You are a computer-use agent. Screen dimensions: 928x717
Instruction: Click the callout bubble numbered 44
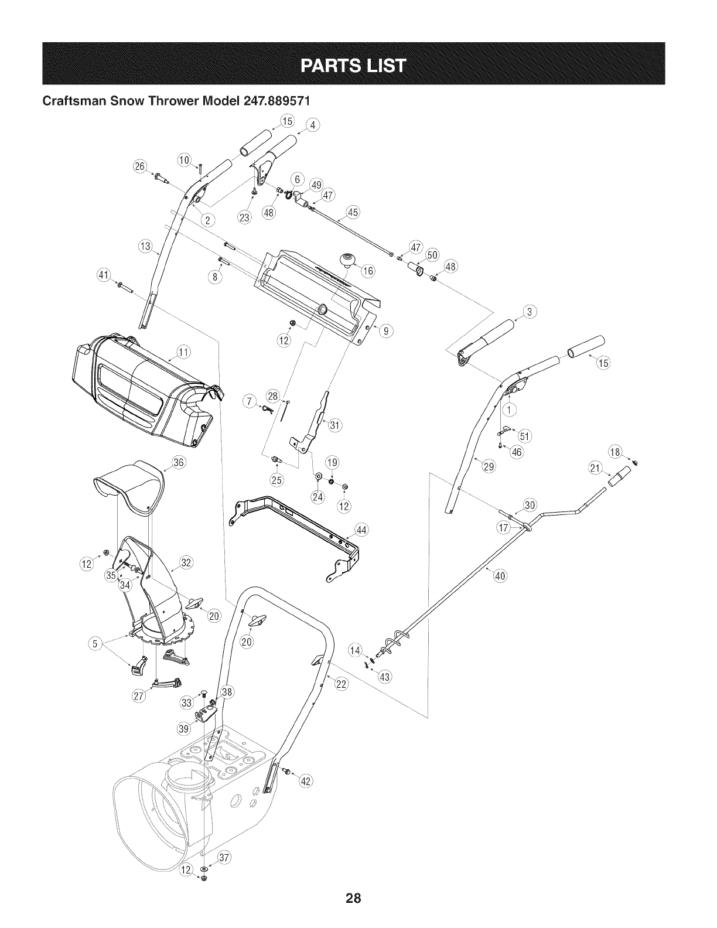[x=361, y=531]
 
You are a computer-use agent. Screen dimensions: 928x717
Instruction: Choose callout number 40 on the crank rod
[x=500, y=575]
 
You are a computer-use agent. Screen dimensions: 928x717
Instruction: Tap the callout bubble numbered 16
[x=368, y=271]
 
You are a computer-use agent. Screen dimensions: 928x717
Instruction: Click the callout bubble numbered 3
[x=528, y=312]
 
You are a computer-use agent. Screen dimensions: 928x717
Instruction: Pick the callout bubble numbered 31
[x=335, y=425]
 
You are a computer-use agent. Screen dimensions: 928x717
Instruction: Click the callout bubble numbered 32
[x=186, y=564]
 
